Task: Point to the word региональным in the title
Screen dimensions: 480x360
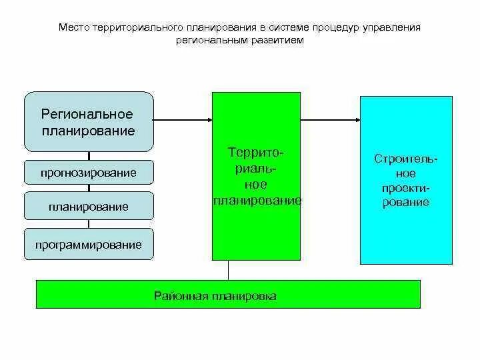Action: [209, 40]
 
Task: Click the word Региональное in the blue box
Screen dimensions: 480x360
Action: [87, 115]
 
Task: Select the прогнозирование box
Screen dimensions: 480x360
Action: [89, 173]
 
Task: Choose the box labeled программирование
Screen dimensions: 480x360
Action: [89, 245]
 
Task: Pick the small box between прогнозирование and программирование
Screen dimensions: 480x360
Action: [89, 207]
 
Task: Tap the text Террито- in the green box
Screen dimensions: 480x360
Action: [257, 153]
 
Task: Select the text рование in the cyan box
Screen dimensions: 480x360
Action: [405, 203]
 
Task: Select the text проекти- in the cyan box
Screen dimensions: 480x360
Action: [405, 188]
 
